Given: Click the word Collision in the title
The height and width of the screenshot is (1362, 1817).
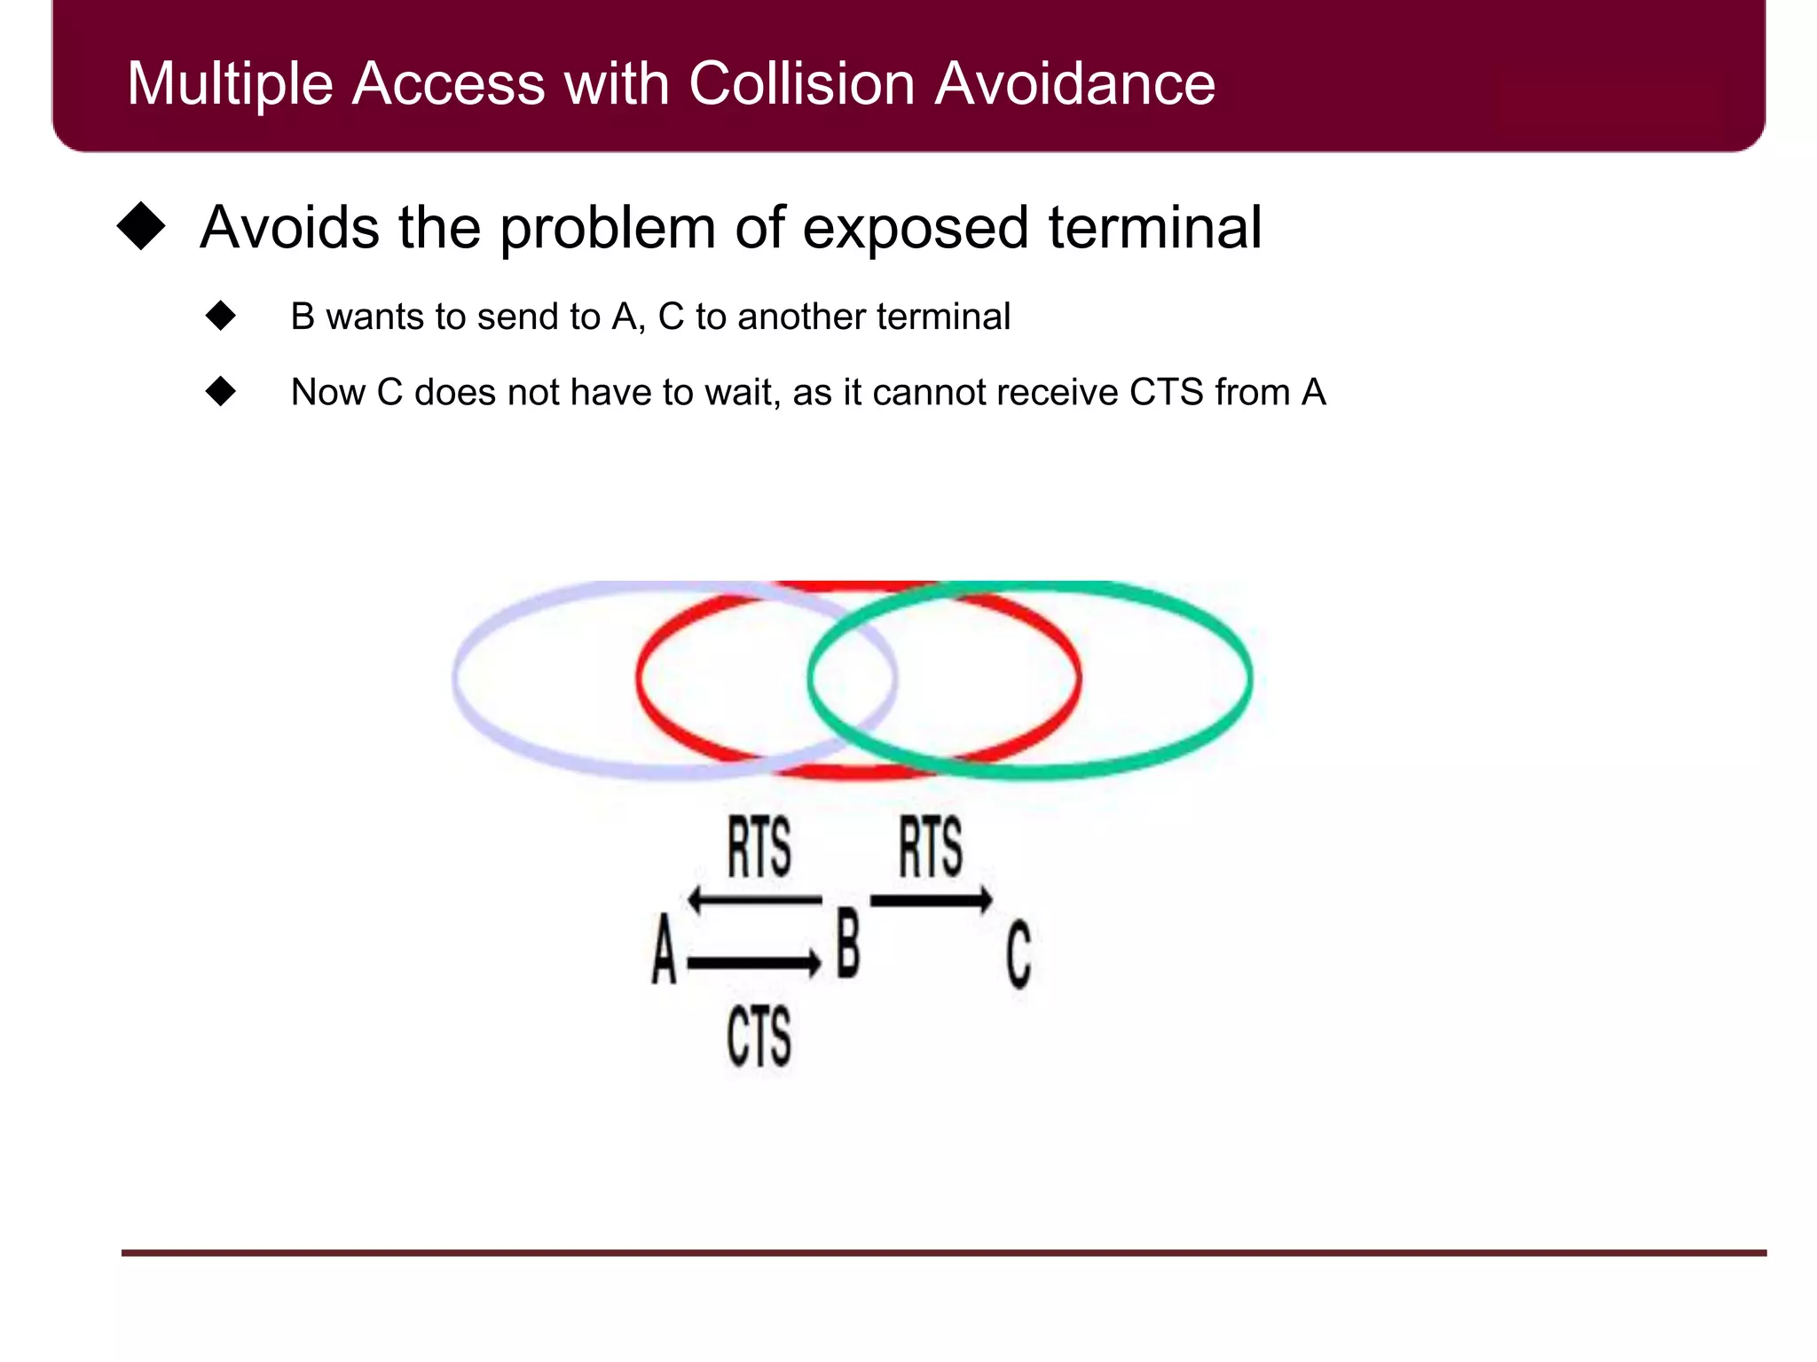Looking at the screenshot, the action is (800, 84).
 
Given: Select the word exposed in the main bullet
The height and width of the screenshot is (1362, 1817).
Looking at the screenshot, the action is (916, 229).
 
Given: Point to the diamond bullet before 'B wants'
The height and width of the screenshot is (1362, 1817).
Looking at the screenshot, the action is (220, 316).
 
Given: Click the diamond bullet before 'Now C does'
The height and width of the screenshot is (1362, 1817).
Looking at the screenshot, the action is (220, 391).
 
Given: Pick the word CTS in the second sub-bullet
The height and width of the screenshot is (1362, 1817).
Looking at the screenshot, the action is (1166, 392).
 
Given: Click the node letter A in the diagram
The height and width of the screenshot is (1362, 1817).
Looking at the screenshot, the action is (664, 951).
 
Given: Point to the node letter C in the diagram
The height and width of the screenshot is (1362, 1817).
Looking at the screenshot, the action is (1019, 954).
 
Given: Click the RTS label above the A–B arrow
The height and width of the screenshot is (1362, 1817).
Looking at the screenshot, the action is (759, 848).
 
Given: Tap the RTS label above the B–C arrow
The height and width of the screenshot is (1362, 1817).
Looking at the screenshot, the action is (930, 848).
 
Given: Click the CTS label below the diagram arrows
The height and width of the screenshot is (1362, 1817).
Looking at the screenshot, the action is (759, 1036).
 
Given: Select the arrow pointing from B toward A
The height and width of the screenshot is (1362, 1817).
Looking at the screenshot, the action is (754, 900).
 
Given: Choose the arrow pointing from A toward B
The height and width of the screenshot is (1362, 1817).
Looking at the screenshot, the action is (754, 963).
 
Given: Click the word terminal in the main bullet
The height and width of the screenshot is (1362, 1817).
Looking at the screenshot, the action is (1154, 229).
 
